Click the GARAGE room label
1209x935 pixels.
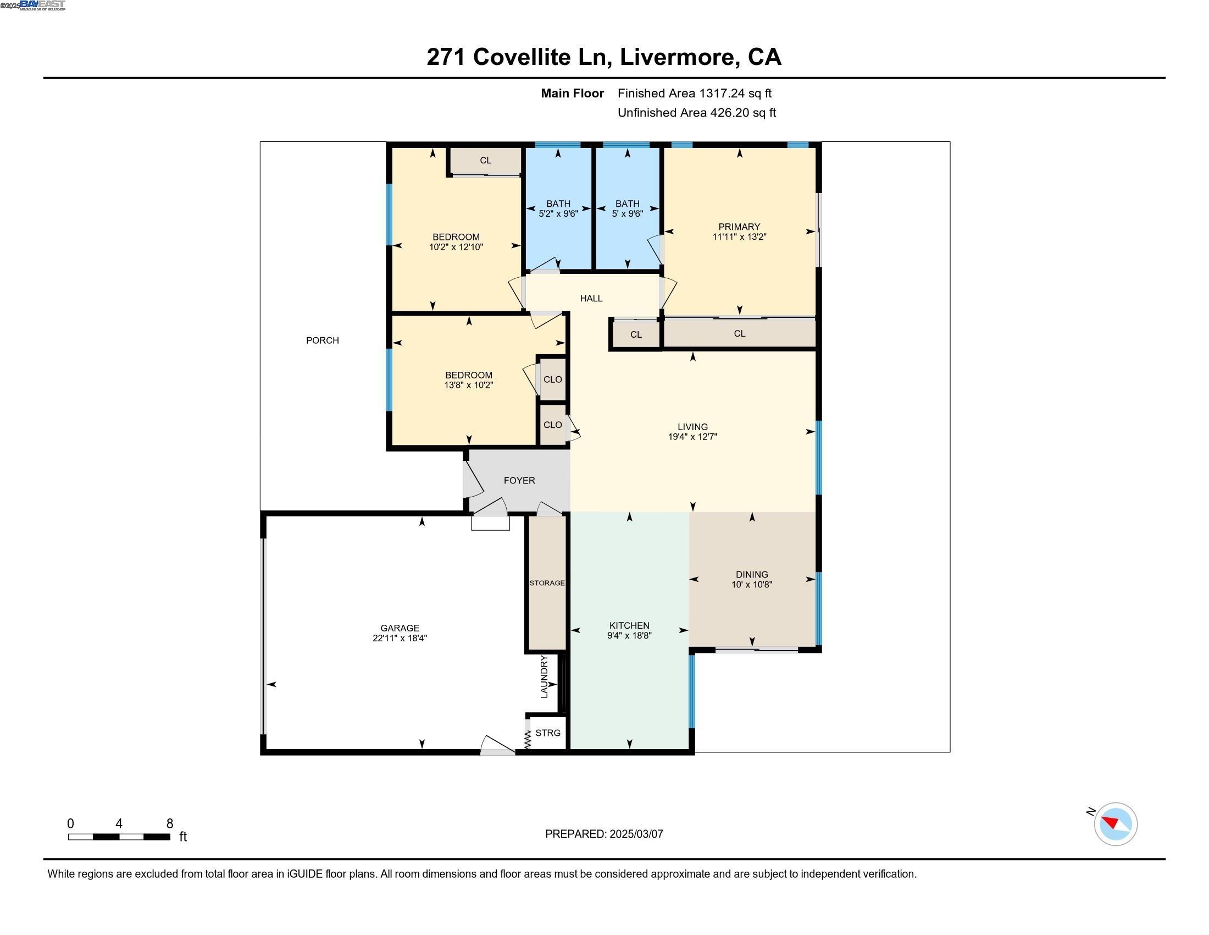(400, 628)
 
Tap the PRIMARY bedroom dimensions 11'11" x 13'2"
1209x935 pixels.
(739, 237)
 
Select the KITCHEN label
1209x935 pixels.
(629, 625)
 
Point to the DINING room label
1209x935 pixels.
(752, 574)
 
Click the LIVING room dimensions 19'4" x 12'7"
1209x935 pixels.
(692, 437)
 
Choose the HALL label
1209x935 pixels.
(591, 299)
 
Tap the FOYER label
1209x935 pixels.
(519, 480)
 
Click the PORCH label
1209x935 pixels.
(322, 340)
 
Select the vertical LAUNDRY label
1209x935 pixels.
(544, 676)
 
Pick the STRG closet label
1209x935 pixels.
(548, 733)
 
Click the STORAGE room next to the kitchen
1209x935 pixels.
(547, 582)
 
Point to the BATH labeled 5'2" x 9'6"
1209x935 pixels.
(558, 208)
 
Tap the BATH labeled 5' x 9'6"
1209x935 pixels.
(627, 208)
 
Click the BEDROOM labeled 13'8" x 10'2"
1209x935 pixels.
(468, 380)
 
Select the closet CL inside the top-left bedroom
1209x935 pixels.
(485, 161)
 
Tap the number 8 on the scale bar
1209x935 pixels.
(169, 823)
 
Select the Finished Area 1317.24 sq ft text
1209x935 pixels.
(694, 93)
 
